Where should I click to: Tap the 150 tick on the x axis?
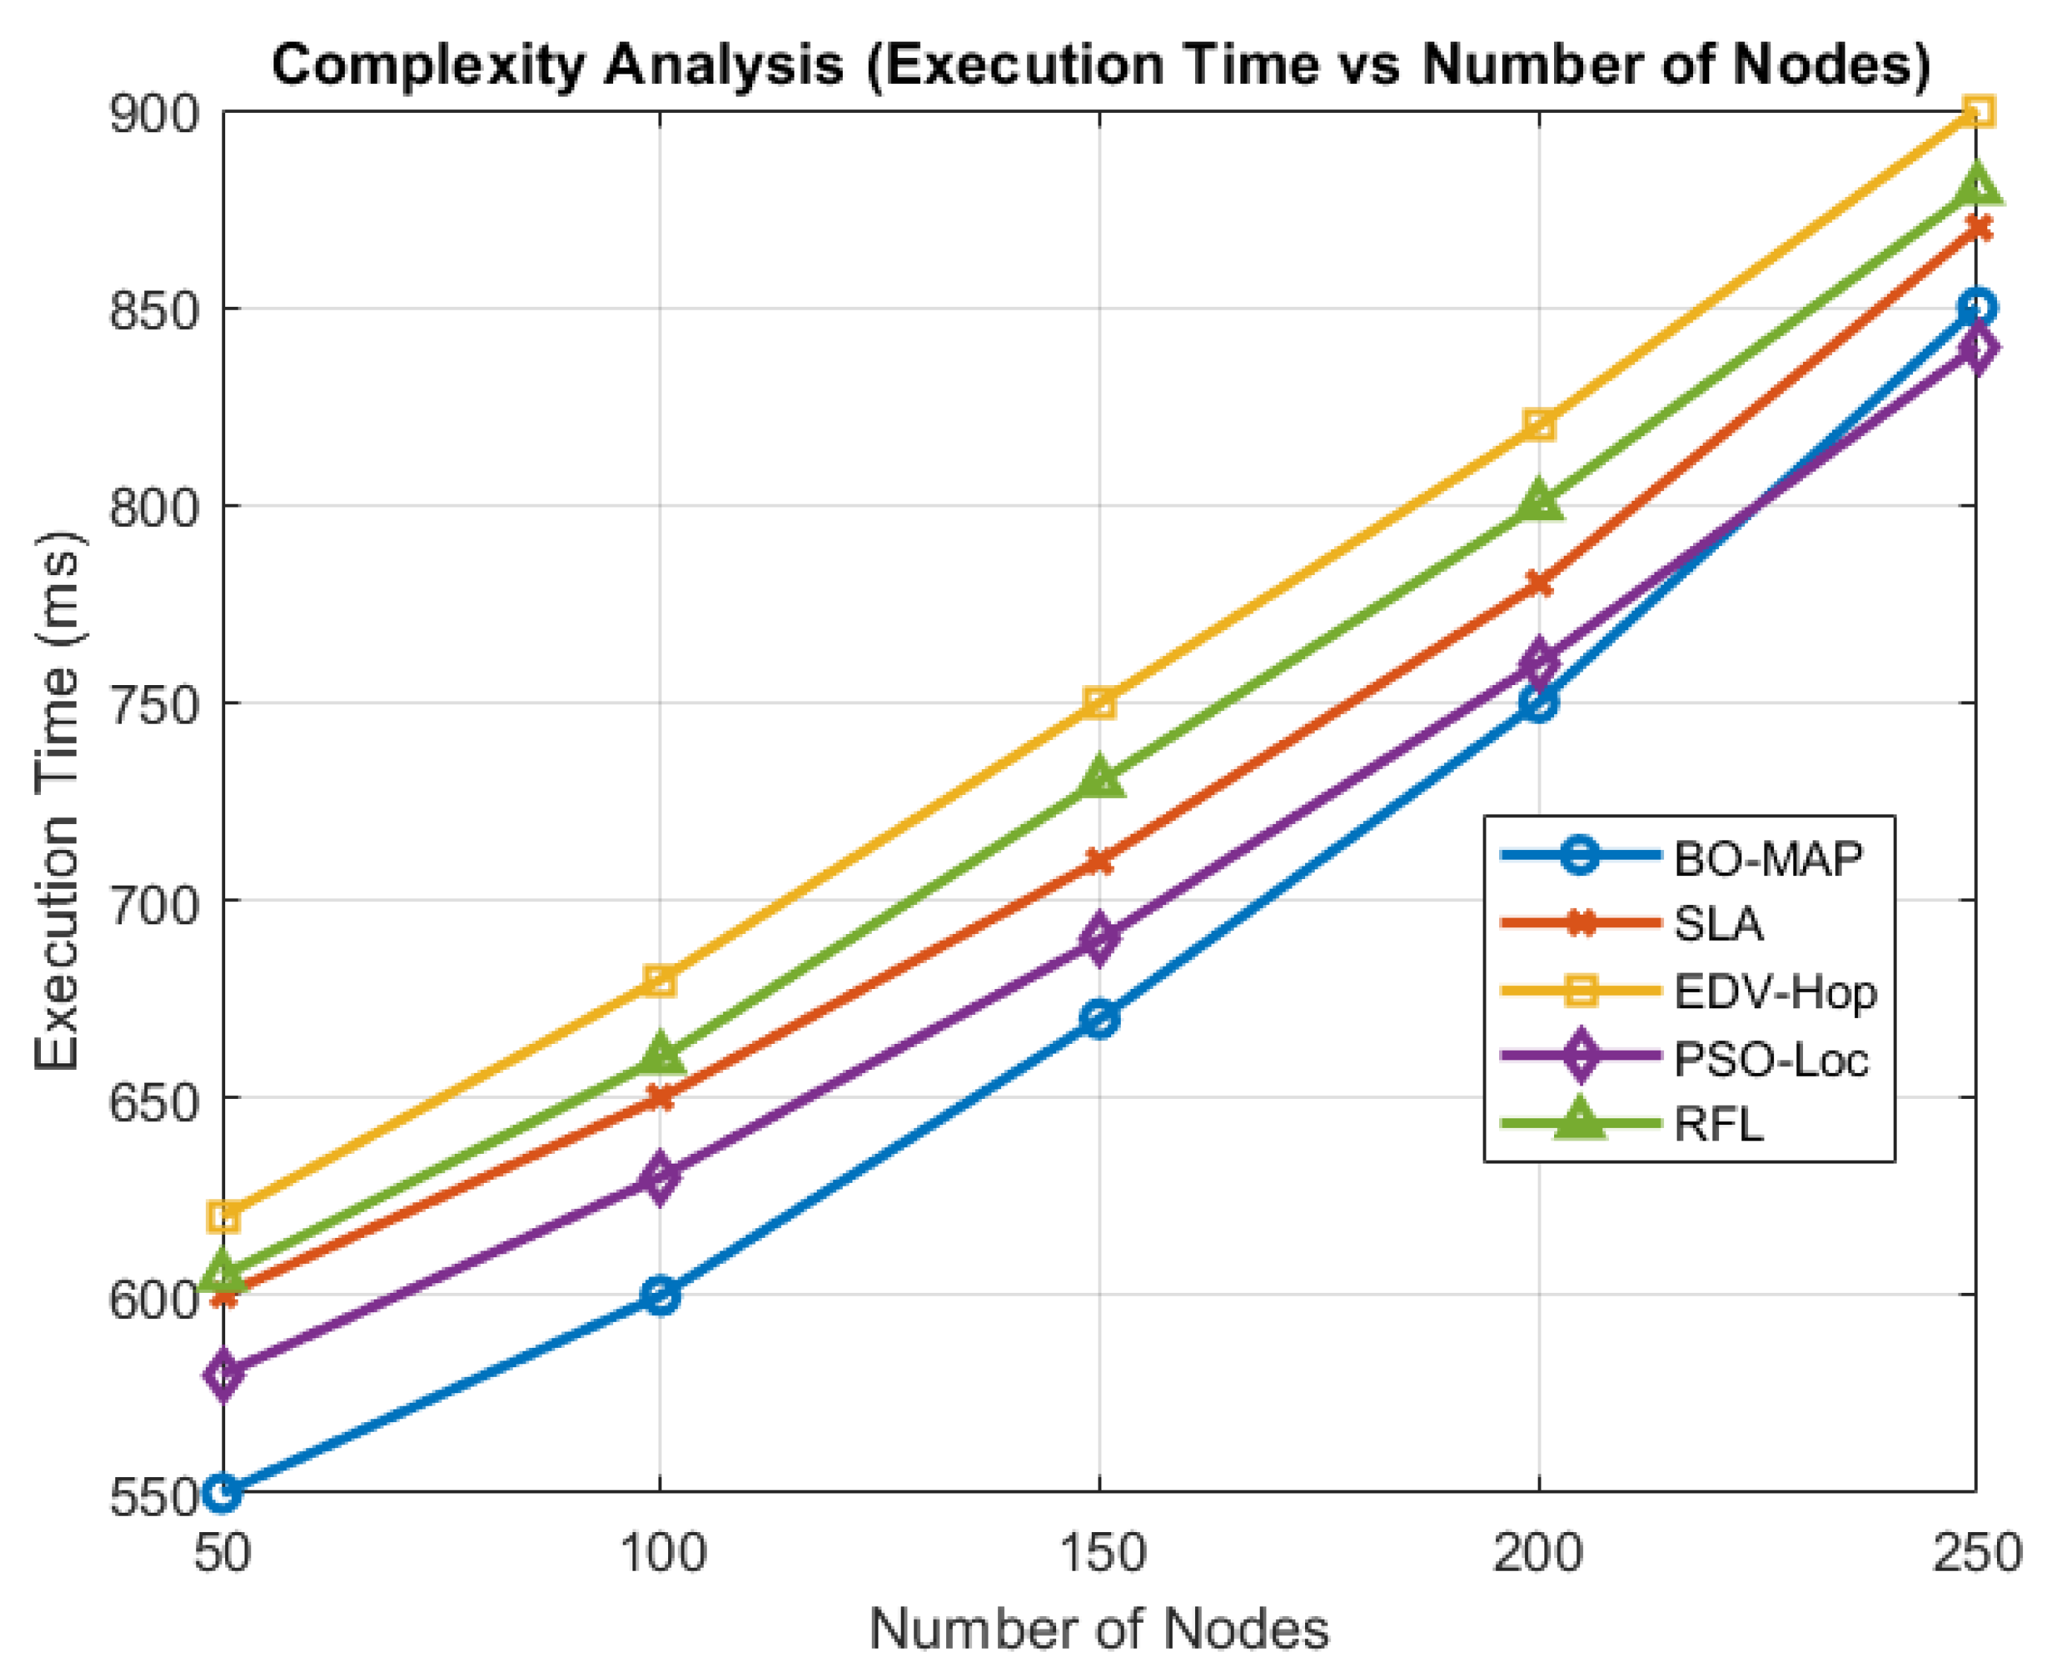click(x=1099, y=1554)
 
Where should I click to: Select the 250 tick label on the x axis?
click(x=1975, y=1554)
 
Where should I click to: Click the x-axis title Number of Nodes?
click(x=1098, y=1629)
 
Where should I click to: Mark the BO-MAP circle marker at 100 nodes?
click(x=661, y=1294)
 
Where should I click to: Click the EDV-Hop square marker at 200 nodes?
click(x=1538, y=424)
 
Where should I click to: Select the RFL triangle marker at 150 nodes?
click(x=1099, y=779)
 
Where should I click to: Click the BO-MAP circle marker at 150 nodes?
click(x=1099, y=1018)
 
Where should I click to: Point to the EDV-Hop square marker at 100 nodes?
click(x=661, y=979)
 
